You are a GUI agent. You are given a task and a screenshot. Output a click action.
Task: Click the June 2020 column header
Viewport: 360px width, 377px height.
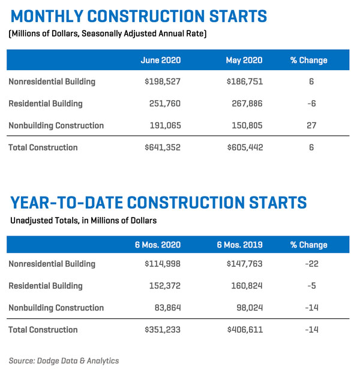point(160,61)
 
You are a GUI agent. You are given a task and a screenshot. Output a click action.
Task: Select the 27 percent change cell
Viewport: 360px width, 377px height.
point(311,126)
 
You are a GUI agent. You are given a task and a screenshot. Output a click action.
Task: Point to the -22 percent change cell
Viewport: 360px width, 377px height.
point(311,264)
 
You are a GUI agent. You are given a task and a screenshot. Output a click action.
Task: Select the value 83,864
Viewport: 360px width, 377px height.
point(166,308)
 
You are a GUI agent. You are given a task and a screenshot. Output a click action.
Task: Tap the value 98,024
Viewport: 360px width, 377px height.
point(248,308)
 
